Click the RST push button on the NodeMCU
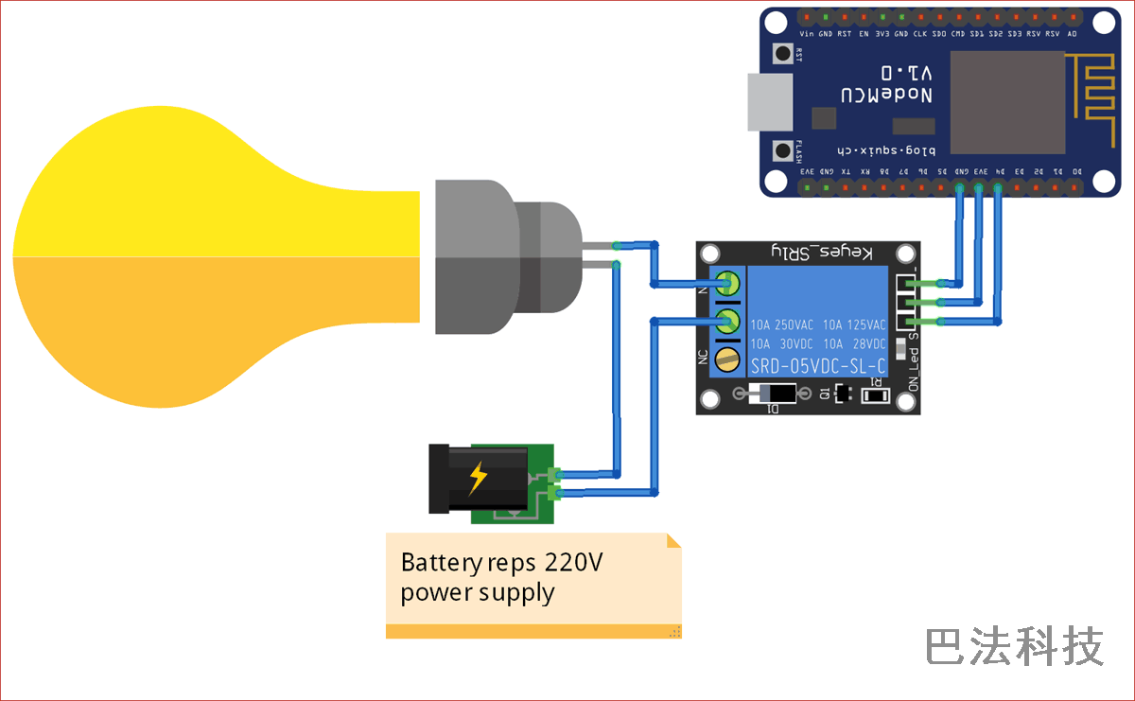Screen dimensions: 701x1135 click(x=783, y=54)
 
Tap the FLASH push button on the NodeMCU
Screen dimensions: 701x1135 click(x=783, y=149)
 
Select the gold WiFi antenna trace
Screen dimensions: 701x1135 click(x=1089, y=91)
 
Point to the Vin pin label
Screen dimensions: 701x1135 click(x=806, y=33)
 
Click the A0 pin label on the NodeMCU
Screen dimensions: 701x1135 click(x=1072, y=33)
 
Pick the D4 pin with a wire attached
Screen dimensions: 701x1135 click(x=998, y=187)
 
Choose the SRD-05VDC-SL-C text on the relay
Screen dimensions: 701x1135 click(x=818, y=366)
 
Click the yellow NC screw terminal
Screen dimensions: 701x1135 click(x=726, y=359)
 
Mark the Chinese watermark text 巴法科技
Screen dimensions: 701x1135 click(x=1014, y=647)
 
